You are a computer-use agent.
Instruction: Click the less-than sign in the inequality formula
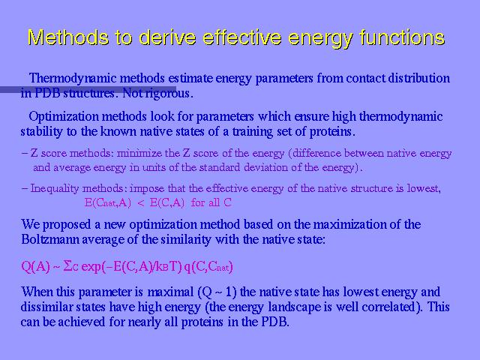pyautogui.click(x=141, y=203)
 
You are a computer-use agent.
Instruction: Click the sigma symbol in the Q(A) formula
pyautogui.click(x=67, y=266)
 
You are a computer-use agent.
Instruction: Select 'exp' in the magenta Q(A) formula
pyautogui.click(x=91, y=268)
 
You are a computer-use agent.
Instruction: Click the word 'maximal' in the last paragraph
pyautogui.click(x=170, y=292)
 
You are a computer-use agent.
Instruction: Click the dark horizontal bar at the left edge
pyautogui.click(x=88, y=89)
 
